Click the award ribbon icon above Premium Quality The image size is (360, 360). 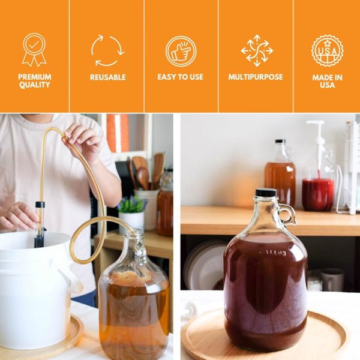(34, 50)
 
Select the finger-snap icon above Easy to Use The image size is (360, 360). (181, 51)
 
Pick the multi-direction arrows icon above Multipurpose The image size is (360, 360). (257, 50)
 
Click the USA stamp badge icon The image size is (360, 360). (328, 50)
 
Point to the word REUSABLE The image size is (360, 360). (107, 77)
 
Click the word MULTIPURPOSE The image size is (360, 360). (256, 77)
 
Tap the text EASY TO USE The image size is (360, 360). (181, 77)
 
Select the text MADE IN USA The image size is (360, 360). (328, 81)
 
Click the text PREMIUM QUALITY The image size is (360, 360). (34, 81)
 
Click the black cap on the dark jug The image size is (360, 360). (266, 192)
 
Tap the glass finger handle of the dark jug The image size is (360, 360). (287, 214)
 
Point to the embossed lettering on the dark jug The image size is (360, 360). (273, 253)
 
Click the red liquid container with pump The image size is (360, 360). (318, 194)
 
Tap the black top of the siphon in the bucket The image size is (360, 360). (40, 205)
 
